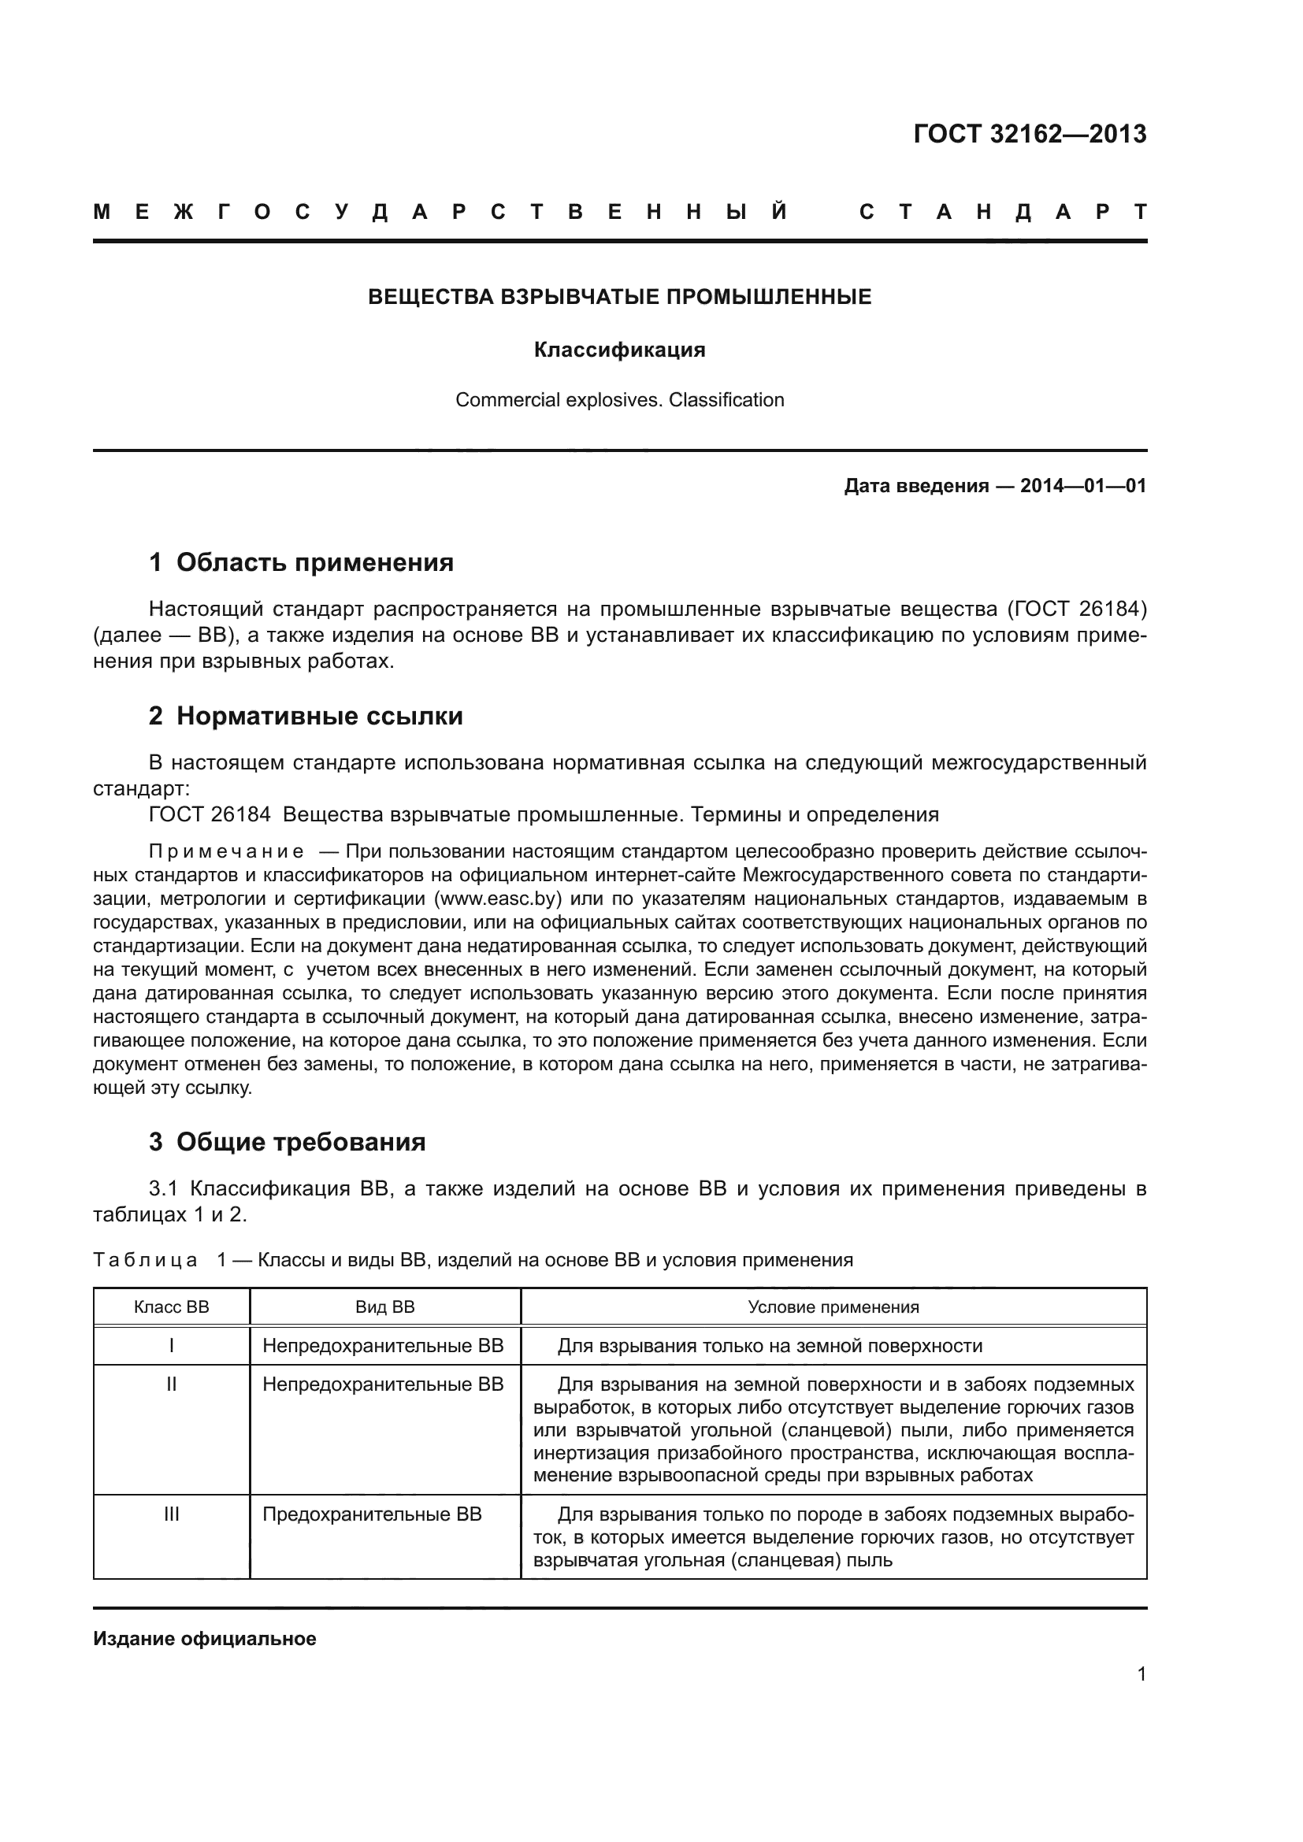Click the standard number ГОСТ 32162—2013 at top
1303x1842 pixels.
[1030, 134]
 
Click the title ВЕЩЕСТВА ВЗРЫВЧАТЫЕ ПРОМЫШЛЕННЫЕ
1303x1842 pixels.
[619, 298]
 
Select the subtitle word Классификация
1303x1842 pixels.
[619, 350]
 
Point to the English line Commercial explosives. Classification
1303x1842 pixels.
[619, 399]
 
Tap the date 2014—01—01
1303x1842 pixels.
[1083, 486]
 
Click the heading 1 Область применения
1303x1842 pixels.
[302, 562]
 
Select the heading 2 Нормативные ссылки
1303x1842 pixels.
[306, 716]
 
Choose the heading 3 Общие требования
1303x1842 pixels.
[288, 1142]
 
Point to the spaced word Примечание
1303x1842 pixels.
[226, 851]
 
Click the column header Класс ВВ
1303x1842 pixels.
[171, 1307]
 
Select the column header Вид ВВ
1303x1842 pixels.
[385, 1307]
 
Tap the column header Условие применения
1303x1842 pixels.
[833, 1307]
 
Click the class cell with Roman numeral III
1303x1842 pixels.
[171, 1514]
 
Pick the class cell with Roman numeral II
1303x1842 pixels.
[171, 1384]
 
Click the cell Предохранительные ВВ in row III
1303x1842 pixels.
[373, 1514]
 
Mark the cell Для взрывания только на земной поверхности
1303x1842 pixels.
[770, 1346]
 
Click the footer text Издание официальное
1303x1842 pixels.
[205, 1639]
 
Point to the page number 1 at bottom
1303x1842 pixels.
[1141, 1674]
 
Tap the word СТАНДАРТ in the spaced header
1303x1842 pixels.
[1003, 212]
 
